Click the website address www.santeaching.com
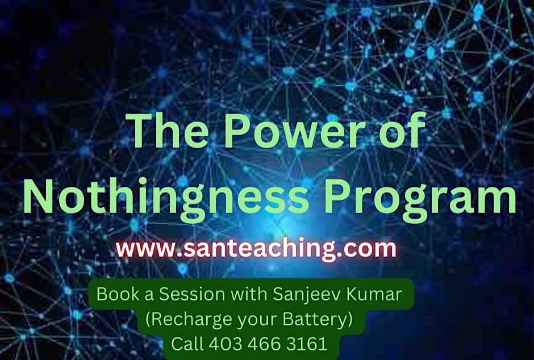tap(256, 249)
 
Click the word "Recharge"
tap(189, 320)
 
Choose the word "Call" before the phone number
tap(187, 344)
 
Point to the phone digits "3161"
tap(308, 344)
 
